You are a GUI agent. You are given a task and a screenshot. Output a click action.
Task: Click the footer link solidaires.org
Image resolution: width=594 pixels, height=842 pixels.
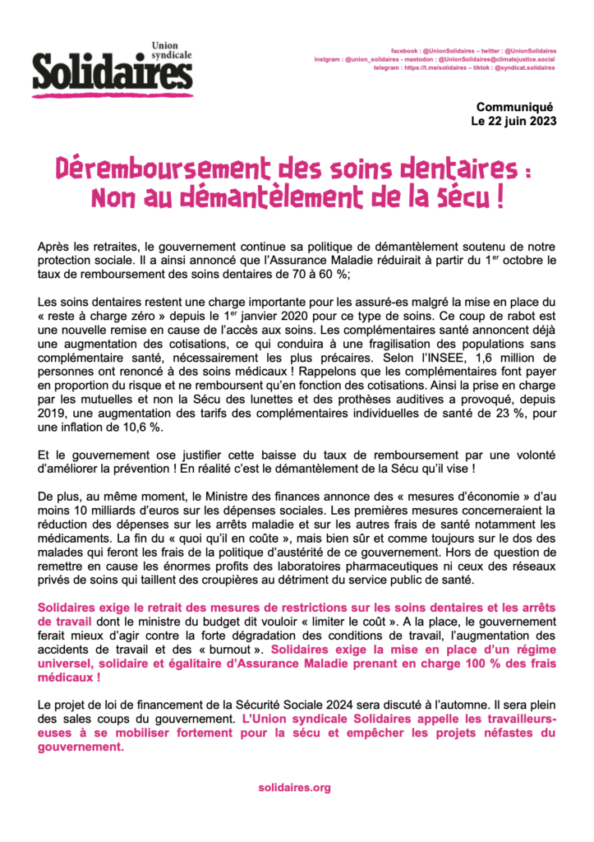294,788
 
